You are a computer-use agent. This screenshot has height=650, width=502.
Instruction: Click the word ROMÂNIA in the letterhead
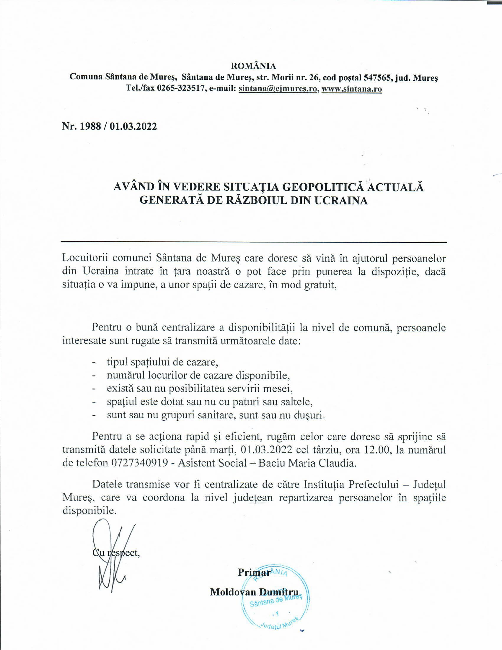pos(253,66)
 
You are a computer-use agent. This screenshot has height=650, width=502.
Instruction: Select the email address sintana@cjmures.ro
pos(278,89)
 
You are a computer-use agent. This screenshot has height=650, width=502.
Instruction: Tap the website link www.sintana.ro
pos(351,89)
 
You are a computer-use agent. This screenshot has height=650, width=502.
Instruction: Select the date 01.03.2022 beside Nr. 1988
pos(133,126)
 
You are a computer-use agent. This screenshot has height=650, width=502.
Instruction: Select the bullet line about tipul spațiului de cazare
pos(163,362)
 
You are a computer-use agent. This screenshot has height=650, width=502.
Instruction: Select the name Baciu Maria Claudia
pos(307,463)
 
